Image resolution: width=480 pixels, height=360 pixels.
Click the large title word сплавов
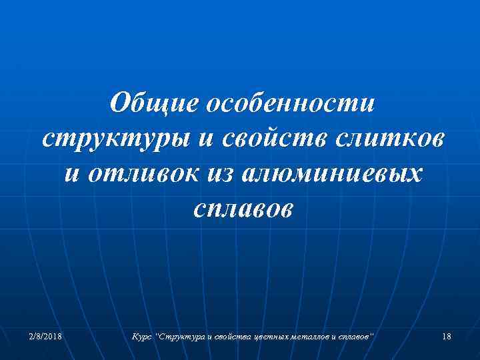pos(241,209)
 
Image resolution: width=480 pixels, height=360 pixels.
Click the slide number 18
pos(446,337)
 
